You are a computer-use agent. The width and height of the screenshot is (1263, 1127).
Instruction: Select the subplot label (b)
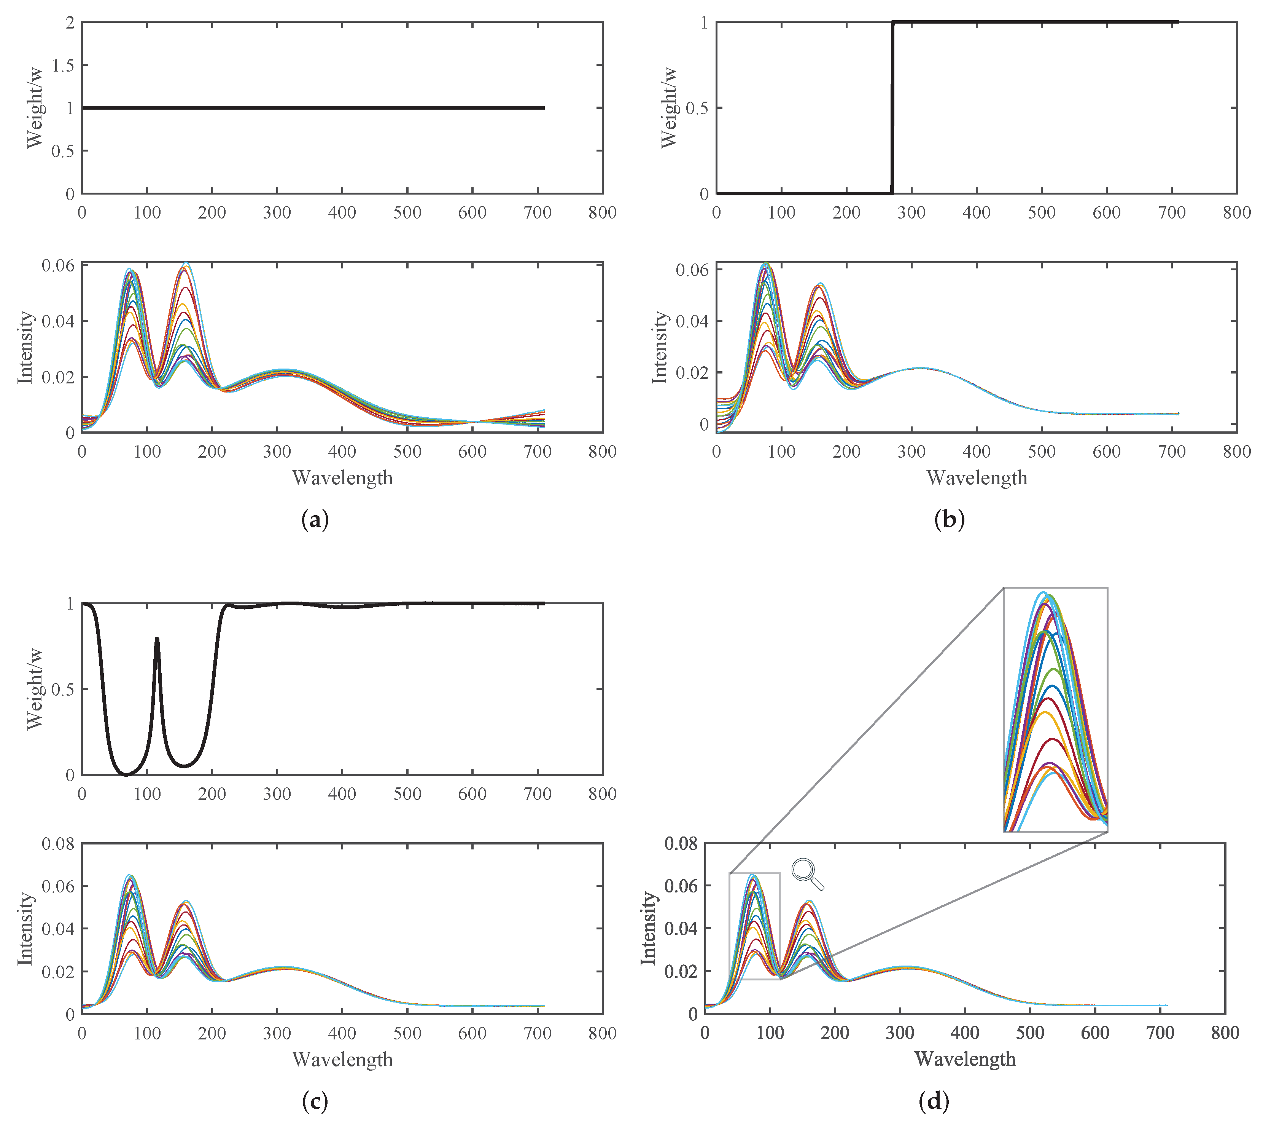pyautogui.click(x=949, y=519)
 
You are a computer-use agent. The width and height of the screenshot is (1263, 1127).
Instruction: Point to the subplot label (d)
pyautogui.click(x=934, y=1100)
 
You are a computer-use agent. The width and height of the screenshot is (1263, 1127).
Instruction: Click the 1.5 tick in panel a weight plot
pyautogui.click(x=62, y=65)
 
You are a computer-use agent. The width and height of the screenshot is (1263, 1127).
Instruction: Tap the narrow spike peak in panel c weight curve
pyautogui.click(x=157, y=639)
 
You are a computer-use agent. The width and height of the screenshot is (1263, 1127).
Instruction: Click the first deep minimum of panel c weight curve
pyautogui.click(x=126, y=773)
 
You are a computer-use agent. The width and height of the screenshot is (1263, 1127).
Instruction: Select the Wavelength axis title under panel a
pyautogui.click(x=342, y=477)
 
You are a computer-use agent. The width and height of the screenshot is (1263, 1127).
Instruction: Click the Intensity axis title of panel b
pyautogui.click(x=660, y=347)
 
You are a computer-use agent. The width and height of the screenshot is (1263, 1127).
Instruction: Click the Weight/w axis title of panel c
pyautogui.click(x=36, y=689)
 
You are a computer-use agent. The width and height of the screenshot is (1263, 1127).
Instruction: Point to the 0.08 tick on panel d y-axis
pyautogui.click(x=681, y=843)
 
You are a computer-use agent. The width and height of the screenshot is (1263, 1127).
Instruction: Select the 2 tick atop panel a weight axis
pyautogui.click(x=70, y=23)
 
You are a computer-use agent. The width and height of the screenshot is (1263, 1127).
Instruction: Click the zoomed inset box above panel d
pyautogui.click(x=1055, y=709)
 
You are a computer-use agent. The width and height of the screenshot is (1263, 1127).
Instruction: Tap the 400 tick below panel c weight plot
pyautogui.click(x=342, y=794)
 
